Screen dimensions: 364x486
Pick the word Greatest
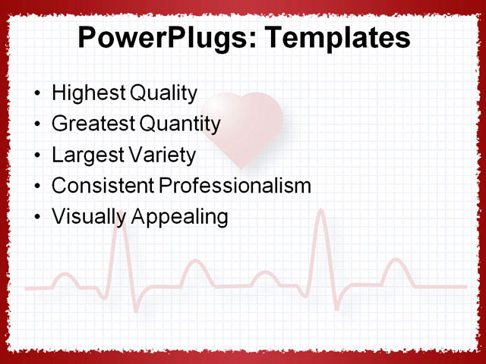click(x=89, y=124)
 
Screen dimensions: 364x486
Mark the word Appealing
click(x=180, y=217)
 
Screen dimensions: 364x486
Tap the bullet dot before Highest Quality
click(x=39, y=95)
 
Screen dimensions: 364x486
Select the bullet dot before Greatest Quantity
click(x=39, y=125)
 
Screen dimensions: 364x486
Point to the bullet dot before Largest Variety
click(x=39, y=156)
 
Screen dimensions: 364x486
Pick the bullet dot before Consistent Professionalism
click(x=39, y=187)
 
